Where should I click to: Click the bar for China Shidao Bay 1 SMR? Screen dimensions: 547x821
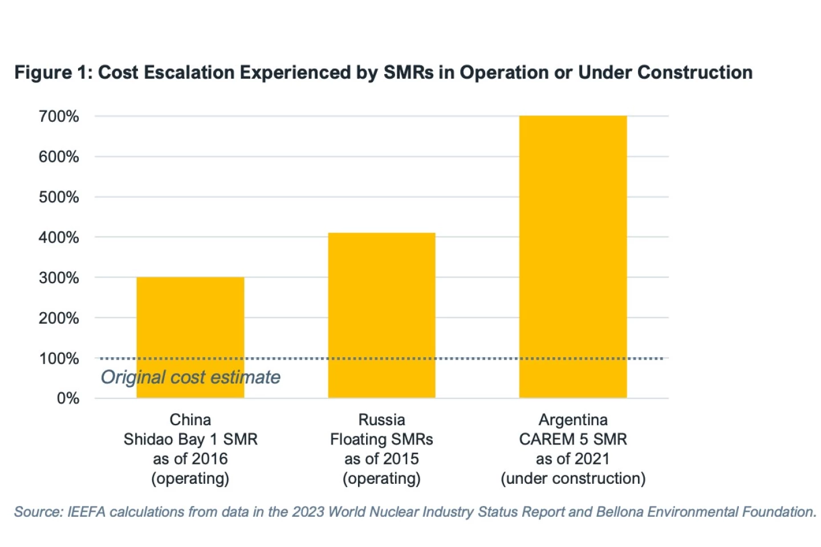point(190,319)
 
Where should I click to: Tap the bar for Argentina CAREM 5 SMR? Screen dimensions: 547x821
point(572,256)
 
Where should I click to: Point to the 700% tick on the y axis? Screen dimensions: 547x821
point(59,116)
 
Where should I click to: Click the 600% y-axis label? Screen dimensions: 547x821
point(59,157)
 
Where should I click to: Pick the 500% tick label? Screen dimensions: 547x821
point(59,197)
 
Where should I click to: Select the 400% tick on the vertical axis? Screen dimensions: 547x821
point(59,238)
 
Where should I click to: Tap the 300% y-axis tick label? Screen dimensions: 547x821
point(59,278)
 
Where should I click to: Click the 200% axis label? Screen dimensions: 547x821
point(59,318)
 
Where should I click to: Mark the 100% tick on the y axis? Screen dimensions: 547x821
point(59,358)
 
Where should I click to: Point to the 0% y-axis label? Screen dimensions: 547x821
point(68,398)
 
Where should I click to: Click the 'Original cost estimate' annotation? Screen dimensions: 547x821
point(190,377)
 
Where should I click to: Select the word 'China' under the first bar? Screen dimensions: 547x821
point(190,420)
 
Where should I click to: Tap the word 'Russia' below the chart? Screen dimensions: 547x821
point(381,420)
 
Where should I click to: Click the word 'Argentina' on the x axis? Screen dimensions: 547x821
point(573,420)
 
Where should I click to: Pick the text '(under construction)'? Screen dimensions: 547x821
point(573,479)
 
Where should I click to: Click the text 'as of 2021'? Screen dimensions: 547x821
point(572,459)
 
